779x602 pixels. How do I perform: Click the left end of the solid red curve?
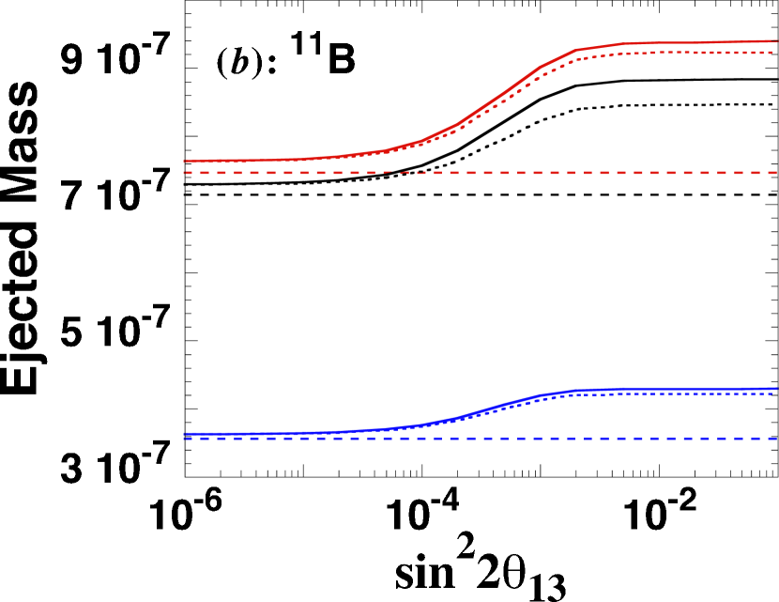point(185,162)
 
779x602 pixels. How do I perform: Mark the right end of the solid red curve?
point(776,41)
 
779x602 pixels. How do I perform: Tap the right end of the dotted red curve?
point(775,53)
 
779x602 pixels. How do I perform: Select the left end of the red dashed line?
point(185,173)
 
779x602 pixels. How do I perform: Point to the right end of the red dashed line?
point(776,173)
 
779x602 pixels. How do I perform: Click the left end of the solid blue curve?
point(185,434)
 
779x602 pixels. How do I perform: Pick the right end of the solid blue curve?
point(776,388)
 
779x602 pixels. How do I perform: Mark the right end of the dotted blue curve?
point(775,394)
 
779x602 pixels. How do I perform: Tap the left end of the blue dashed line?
point(185,439)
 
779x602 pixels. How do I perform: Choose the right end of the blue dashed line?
point(776,439)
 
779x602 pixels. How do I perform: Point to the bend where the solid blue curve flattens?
point(573,391)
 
